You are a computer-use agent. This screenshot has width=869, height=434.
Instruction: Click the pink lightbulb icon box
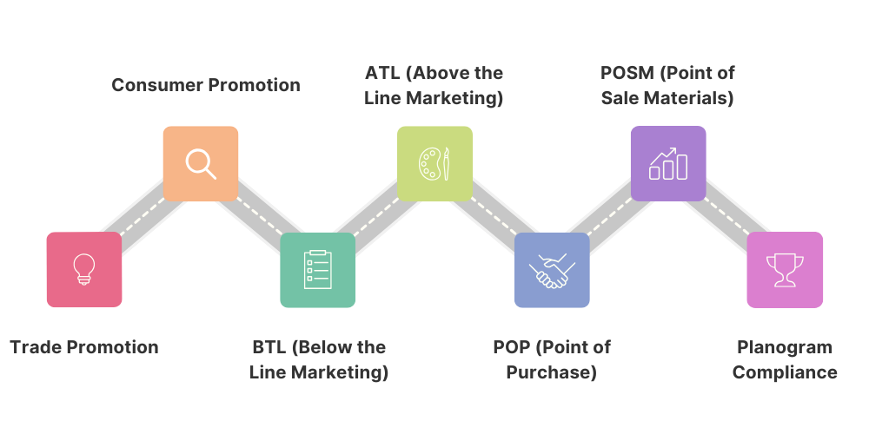pyautogui.click(x=84, y=269)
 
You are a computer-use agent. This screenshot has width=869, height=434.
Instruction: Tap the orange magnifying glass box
pyautogui.click(x=201, y=163)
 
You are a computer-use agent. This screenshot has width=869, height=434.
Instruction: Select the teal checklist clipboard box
pyautogui.click(x=317, y=269)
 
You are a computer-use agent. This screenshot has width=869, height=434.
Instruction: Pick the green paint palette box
pyautogui.click(x=434, y=163)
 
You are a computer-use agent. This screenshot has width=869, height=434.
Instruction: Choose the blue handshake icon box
pyautogui.click(x=552, y=269)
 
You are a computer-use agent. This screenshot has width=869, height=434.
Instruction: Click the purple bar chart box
pyautogui.click(x=668, y=163)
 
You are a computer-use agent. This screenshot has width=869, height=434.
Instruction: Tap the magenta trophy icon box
pyautogui.click(x=785, y=269)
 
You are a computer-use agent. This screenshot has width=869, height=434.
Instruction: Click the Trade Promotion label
pyautogui.click(x=84, y=347)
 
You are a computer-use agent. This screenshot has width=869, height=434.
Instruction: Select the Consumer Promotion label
pyautogui.click(x=206, y=85)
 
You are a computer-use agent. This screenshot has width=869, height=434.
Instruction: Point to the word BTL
pyautogui.click(x=269, y=347)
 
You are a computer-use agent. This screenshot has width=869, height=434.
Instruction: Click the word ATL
pyautogui.click(x=383, y=73)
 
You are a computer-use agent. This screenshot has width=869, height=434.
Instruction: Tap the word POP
pyautogui.click(x=512, y=347)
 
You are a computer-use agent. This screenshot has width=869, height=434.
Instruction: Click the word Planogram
pyautogui.click(x=785, y=347)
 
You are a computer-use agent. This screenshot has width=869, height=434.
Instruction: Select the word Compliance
pyautogui.click(x=785, y=373)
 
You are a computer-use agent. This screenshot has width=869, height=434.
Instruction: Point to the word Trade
pyautogui.click(x=36, y=347)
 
